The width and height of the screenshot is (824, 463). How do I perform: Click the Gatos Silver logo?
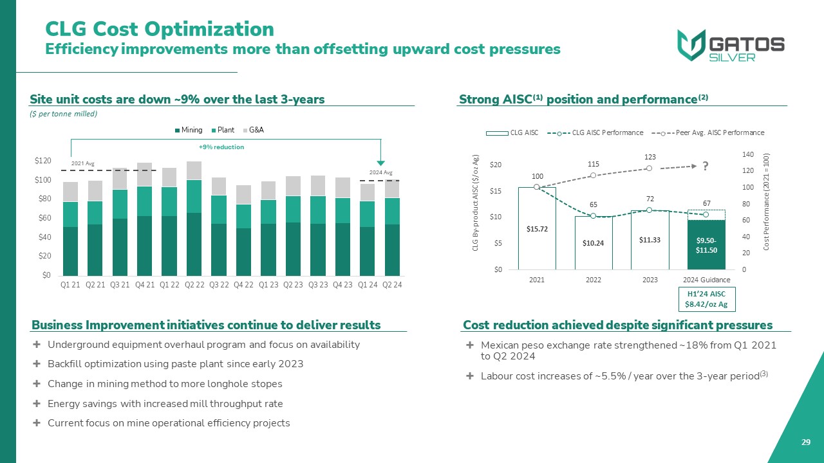point(731,46)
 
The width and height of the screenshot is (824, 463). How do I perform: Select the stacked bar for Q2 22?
point(194,219)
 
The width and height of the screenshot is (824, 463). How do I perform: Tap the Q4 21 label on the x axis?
point(144,285)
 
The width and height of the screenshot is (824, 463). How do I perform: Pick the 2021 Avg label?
point(82,163)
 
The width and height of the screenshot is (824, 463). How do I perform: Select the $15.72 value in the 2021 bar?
point(537,229)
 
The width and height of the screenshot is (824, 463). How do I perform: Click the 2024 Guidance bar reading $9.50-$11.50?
point(707,245)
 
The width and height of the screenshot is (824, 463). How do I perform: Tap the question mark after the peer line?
point(706,166)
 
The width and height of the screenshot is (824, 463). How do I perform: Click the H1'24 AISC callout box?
point(707,298)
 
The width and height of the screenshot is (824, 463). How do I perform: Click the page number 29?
point(805,442)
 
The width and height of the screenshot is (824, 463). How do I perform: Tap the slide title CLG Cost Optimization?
point(159,29)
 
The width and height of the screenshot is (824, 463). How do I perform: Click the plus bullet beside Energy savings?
point(36,404)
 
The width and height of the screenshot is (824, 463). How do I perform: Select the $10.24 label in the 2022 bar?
point(594,242)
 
